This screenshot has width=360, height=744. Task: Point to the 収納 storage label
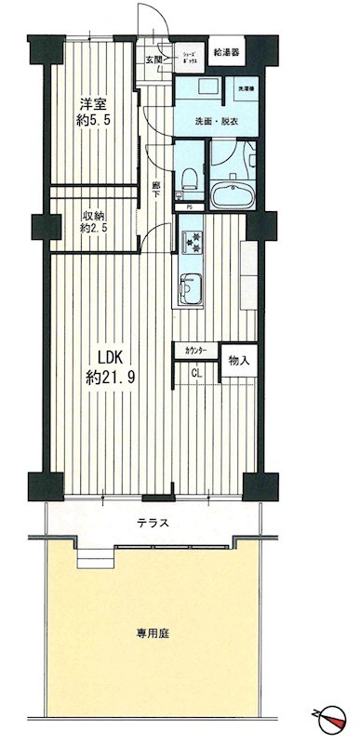(91, 212)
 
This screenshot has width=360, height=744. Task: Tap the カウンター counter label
(196, 351)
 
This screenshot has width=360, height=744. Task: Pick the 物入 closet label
(239, 359)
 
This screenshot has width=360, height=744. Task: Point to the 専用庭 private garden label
(153, 633)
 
